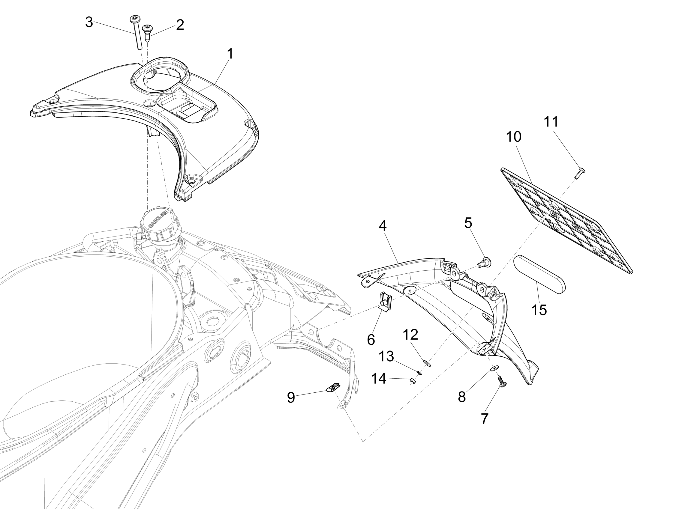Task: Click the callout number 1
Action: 230,54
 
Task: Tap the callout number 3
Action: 89,22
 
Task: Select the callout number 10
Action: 514,137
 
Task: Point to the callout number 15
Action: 539,310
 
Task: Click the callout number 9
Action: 291,397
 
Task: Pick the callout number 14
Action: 379,379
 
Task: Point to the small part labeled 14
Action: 412,380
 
